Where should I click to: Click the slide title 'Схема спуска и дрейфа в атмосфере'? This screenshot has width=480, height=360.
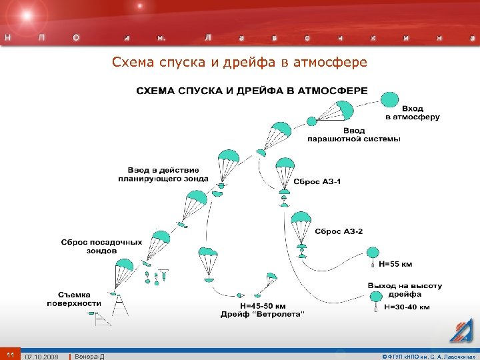click(x=239, y=63)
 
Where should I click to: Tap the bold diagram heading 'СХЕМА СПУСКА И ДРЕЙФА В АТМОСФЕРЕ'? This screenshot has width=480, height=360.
click(x=252, y=90)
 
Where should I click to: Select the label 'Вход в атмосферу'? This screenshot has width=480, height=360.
click(x=413, y=113)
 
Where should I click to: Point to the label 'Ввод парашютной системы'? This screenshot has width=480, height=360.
click(x=353, y=135)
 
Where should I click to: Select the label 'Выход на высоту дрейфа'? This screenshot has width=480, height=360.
click(x=404, y=289)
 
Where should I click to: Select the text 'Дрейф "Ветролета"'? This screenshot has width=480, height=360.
click(x=263, y=314)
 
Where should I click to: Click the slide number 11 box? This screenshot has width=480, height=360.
click(x=10, y=354)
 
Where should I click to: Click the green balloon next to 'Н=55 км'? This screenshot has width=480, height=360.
click(x=372, y=253)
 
